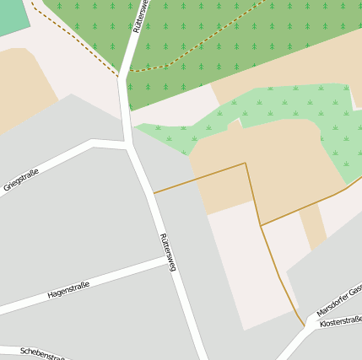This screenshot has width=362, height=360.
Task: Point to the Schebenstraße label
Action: tap(42, 353)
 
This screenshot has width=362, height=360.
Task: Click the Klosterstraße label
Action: tap(342, 320)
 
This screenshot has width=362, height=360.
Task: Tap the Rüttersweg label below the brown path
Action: tap(167, 252)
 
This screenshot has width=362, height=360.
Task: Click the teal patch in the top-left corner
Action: tap(12, 15)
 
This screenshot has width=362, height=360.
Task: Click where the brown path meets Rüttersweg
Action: tap(153, 193)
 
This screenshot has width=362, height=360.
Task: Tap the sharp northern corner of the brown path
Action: tap(246, 163)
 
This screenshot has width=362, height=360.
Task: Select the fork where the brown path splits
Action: tap(261, 226)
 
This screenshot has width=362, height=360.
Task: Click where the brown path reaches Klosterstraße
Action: tap(305, 325)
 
